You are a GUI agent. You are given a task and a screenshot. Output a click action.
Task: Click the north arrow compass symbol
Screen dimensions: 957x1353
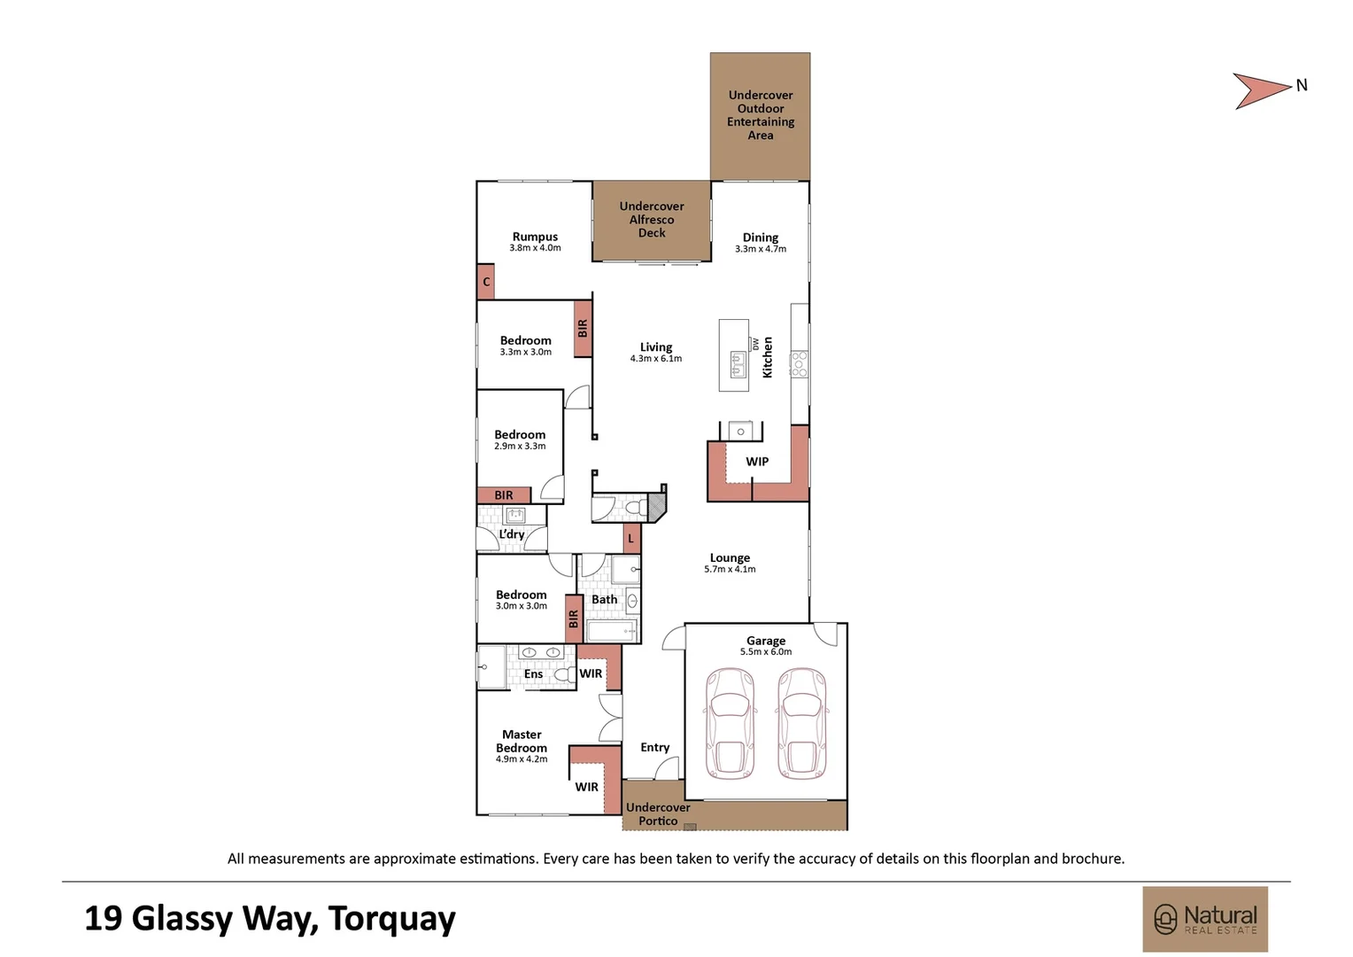pos(1261,90)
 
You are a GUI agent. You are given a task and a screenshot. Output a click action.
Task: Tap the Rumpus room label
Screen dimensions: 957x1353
pos(535,237)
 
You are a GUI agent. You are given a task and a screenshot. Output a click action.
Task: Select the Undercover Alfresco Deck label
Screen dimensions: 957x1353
pos(652,220)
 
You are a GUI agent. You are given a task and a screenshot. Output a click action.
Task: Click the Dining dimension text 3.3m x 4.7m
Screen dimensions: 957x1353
pos(761,249)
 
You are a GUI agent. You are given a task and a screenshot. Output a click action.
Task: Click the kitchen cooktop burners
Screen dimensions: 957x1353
pos(799,364)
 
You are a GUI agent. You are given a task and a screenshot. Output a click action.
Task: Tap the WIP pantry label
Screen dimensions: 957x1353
pos(757,462)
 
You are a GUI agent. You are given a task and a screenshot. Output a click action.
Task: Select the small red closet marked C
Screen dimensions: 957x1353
pos(485,282)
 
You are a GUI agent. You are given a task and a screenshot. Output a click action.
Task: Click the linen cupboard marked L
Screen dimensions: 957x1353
pos(631,538)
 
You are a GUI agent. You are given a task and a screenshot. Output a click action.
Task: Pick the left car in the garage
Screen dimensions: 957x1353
pos(730,723)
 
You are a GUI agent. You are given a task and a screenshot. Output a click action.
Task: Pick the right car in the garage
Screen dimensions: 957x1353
pos(802,723)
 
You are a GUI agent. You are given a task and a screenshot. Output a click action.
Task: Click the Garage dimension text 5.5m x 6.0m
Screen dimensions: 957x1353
pos(766,652)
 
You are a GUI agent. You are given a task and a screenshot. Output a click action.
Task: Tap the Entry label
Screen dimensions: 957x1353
pos(655,747)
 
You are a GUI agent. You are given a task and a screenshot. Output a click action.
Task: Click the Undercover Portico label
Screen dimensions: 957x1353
pos(658,813)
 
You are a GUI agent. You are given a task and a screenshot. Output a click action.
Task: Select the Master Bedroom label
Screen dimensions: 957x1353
pos(522,741)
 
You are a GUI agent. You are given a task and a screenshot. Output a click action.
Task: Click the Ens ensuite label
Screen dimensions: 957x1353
pos(533,674)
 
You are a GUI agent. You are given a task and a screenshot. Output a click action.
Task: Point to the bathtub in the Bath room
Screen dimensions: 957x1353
pos(611,631)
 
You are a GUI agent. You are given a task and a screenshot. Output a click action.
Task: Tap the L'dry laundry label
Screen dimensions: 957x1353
pos(512,534)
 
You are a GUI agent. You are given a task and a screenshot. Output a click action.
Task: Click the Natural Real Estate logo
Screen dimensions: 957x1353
pos(1205,919)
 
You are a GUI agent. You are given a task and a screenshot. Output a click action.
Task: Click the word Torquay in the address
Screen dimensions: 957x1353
pos(391,919)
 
